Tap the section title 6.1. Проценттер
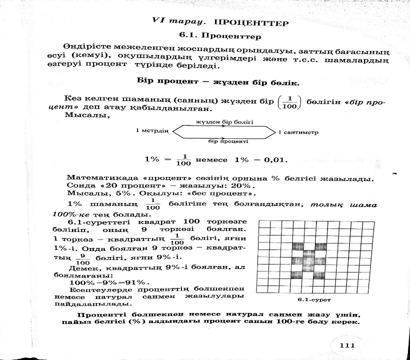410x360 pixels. tap(215, 36)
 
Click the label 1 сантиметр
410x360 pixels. tap(298, 132)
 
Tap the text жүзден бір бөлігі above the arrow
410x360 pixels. tap(225, 122)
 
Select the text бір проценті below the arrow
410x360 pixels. tap(225, 141)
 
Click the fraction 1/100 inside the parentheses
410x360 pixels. tap(288, 101)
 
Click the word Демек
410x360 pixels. tap(75, 267)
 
